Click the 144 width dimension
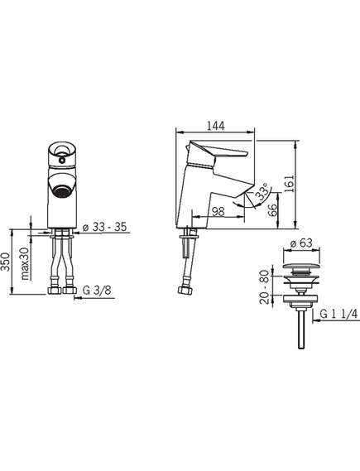coord(215,126)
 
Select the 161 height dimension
coord(289,184)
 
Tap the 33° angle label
coord(262,192)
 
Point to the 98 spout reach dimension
coord(218,211)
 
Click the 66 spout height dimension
coord(272,210)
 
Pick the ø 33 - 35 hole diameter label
coord(104,227)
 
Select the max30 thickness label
coord(26,263)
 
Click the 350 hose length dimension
coord(6,262)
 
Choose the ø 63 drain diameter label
coord(301,243)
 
